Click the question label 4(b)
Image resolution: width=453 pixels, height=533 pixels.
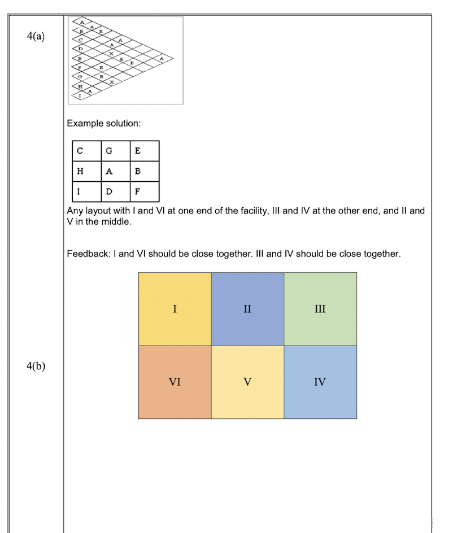36,365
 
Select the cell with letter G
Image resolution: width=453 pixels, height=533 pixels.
116,151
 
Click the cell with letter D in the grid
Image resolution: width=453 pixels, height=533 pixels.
116,191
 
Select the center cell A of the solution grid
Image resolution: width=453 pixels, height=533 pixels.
116,171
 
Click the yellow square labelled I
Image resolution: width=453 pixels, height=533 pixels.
175,309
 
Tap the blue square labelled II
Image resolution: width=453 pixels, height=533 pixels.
247,309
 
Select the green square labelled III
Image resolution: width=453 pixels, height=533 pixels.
320,309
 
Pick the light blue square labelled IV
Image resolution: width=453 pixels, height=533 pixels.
320,382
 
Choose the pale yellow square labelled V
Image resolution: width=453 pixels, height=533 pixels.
247,382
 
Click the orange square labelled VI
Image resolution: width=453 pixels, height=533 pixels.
175,382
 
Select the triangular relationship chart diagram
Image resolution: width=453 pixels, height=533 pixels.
125,60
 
